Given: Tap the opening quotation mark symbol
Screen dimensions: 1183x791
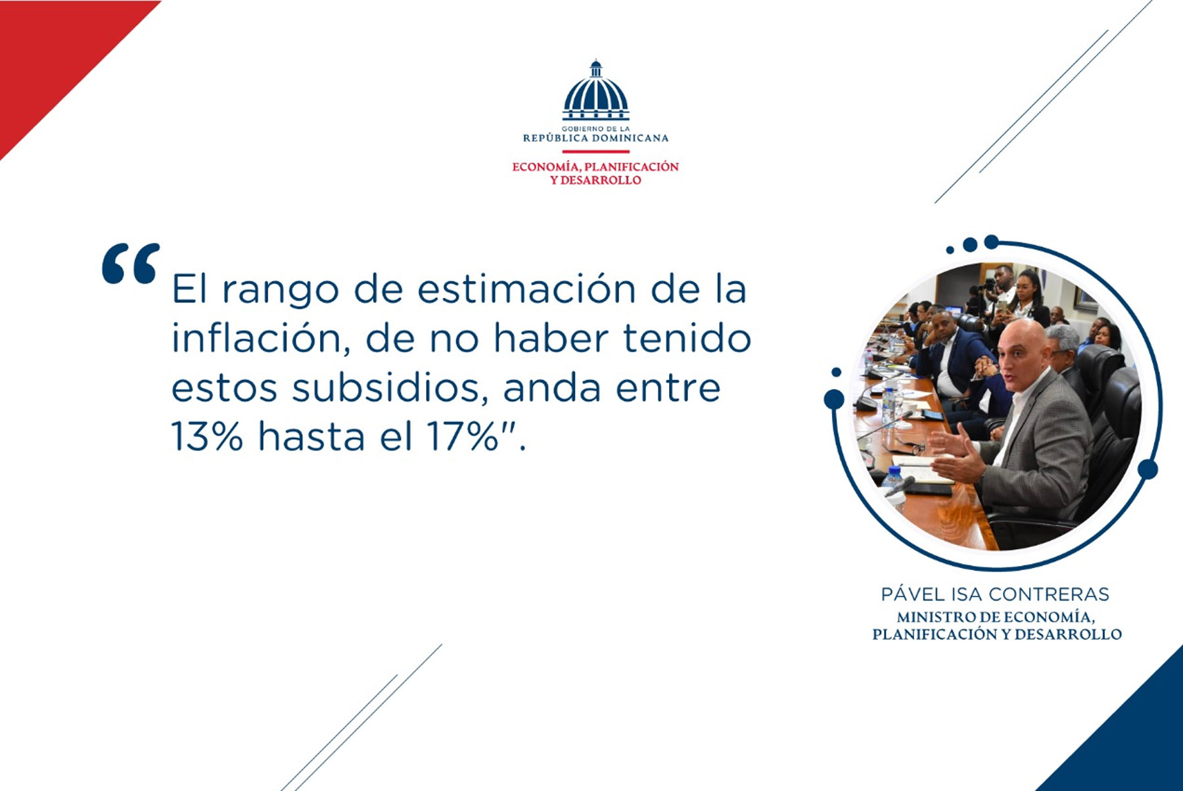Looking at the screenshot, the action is [131, 264].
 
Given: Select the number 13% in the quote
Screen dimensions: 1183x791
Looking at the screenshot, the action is [207, 436].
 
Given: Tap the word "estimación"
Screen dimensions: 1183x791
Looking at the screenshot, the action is [526, 289].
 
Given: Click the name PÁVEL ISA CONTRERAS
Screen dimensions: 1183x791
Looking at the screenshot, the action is [995, 594].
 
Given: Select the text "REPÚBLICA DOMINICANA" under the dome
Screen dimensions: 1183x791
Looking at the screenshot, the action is [595, 138].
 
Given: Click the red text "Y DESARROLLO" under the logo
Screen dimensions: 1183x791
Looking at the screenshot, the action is [595, 180].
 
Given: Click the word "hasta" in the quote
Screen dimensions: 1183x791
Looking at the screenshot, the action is [312, 436].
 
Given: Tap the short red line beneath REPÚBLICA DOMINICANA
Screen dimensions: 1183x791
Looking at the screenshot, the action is [595, 152].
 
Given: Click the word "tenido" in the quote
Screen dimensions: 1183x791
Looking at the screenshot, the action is [687, 338].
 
